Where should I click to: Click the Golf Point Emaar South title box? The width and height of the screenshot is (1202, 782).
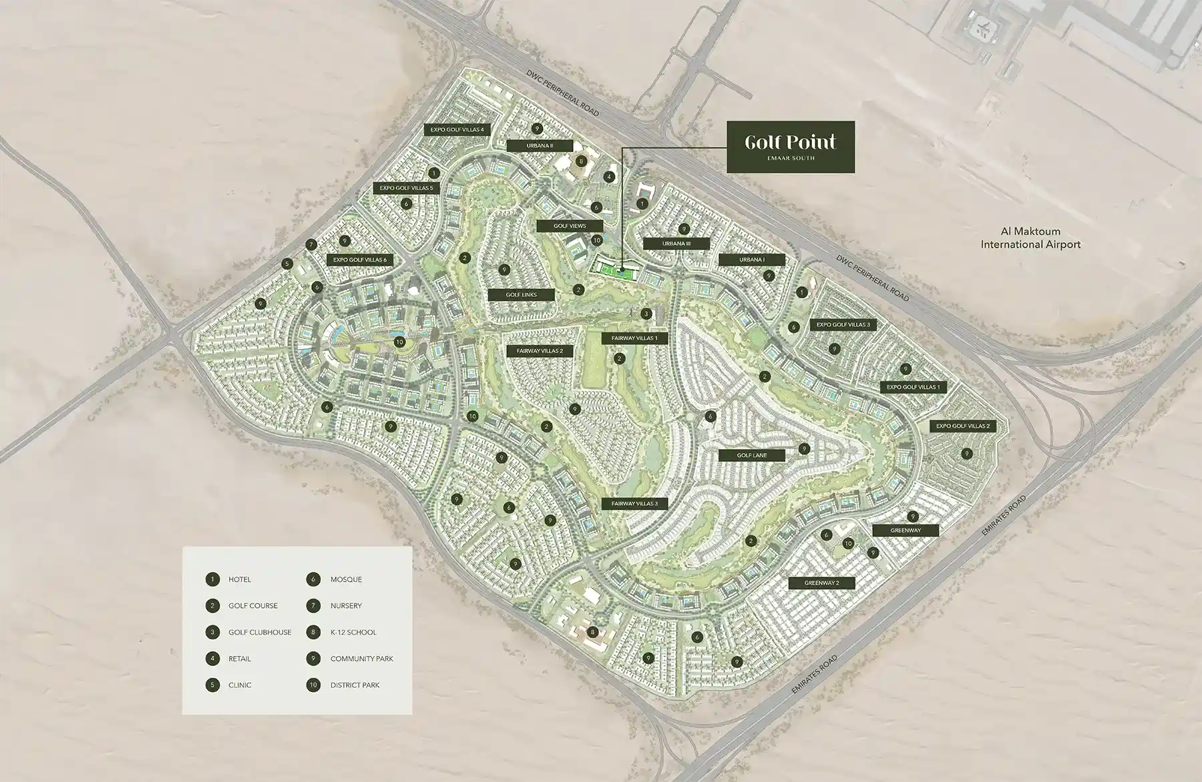(x=791, y=147)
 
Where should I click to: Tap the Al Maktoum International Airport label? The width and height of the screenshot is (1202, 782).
(x=1030, y=238)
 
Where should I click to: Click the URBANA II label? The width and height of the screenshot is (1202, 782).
(x=540, y=145)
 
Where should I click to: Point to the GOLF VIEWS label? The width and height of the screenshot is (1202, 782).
(x=570, y=226)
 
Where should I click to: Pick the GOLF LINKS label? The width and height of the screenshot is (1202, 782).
(x=522, y=294)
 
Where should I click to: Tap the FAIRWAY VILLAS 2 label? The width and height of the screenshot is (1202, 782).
(x=540, y=351)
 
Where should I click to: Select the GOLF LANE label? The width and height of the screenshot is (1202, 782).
(x=752, y=456)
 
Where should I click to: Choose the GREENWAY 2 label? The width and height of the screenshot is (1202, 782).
(x=821, y=583)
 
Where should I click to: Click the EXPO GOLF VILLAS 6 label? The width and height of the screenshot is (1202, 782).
(x=360, y=260)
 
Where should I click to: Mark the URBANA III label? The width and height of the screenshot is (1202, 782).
(x=676, y=244)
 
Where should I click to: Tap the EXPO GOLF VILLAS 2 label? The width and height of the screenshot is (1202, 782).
(x=963, y=426)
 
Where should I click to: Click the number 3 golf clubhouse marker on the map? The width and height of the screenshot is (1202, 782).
(x=646, y=314)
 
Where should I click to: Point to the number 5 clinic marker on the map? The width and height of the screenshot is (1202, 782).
(x=287, y=264)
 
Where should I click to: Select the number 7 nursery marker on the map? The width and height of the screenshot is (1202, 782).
(x=311, y=245)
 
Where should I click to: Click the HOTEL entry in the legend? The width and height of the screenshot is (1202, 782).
(x=240, y=579)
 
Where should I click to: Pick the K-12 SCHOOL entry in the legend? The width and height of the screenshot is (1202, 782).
(x=353, y=632)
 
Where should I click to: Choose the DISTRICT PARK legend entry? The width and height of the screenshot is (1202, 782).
(x=355, y=685)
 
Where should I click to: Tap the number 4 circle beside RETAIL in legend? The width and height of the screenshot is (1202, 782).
(x=212, y=659)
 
